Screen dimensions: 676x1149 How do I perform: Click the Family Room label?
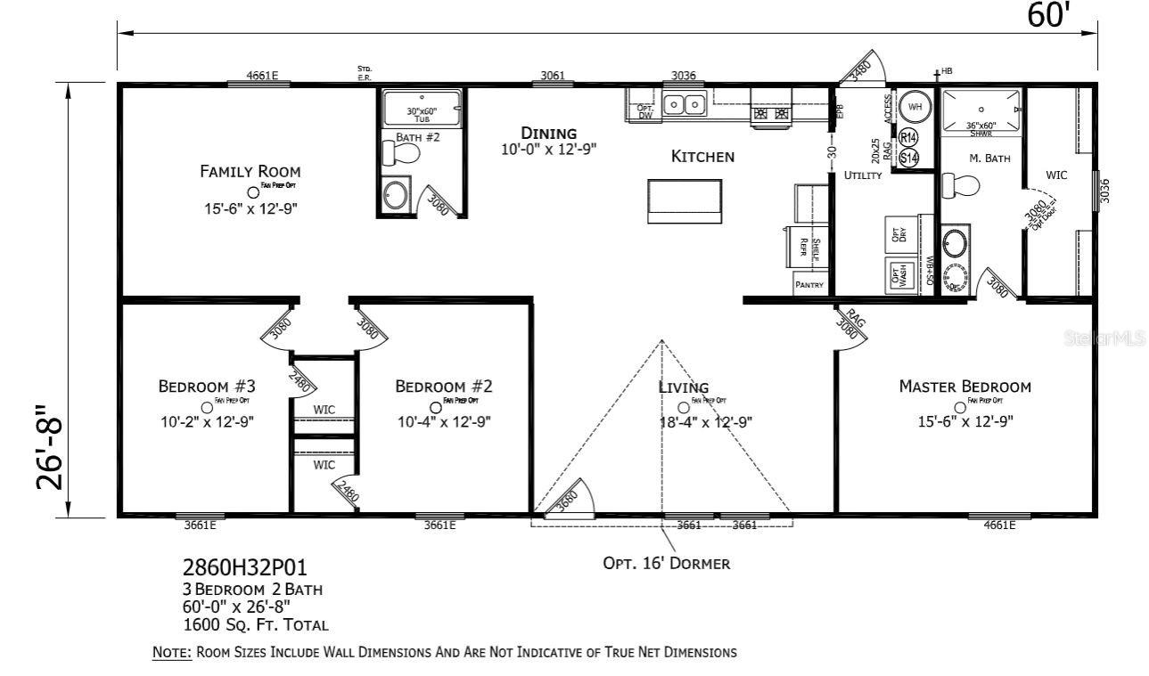click(250, 171)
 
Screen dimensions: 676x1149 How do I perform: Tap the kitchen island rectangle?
click(684, 200)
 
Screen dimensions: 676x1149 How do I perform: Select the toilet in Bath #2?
click(401, 154)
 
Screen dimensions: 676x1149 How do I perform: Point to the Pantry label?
click(809, 285)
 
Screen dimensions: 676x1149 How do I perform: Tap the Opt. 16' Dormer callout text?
click(667, 563)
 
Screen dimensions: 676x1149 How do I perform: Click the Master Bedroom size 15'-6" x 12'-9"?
click(964, 421)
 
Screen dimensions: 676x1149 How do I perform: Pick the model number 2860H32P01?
click(245, 568)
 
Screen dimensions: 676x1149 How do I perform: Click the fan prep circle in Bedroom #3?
click(207, 407)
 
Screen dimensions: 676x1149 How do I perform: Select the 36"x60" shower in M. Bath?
click(981, 111)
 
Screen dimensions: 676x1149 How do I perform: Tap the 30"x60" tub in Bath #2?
click(423, 110)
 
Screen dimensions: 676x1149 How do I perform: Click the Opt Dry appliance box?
click(899, 233)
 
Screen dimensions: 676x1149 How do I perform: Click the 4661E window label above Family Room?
click(262, 76)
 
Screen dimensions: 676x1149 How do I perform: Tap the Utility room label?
click(862, 175)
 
